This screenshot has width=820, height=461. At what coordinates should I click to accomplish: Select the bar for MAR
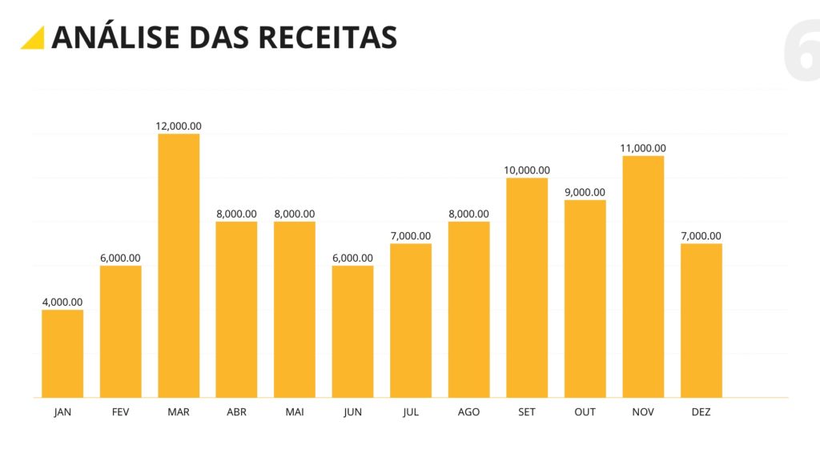[x=179, y=266]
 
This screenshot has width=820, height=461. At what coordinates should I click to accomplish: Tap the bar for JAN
[x=62, y=354]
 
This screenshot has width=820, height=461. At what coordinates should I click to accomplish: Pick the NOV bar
[x=643, y=277]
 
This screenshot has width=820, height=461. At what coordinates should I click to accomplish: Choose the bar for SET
[x=527, y=288]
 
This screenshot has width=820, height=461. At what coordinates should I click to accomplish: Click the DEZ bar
[x=701, y=320]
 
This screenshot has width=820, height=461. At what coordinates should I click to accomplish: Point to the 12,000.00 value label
[x=179, y=126]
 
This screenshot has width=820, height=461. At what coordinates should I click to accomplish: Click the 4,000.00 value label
[x=62, y=302]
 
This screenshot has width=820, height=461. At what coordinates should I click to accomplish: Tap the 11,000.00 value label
[x=643, y=148]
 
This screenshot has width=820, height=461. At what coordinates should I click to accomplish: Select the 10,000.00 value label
[x=527, y=170]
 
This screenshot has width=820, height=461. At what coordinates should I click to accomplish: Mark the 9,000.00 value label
[x=585, y=192]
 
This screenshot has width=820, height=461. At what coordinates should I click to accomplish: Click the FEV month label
[x=120, y=412]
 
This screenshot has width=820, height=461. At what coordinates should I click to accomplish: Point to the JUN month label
[x=352, y=412]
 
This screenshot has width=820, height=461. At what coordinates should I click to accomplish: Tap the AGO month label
[x=468, y=412]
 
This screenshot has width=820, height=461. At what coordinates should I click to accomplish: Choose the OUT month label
[x=585, y=412]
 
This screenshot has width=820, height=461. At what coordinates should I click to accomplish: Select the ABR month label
[x=236, y=412]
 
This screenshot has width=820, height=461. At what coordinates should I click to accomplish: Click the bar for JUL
[x=411, y=320]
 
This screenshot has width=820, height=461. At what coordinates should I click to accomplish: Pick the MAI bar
[x=295, y=310]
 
